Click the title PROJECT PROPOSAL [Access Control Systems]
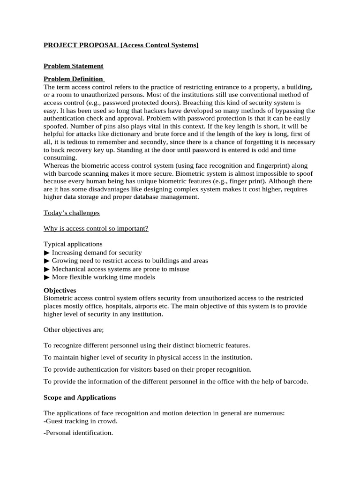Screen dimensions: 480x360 tap(121, 45)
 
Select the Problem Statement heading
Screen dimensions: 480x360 tap(73, 66)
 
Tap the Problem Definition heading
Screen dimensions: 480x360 tap(74, 79)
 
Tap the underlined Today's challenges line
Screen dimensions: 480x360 tap(72, 213)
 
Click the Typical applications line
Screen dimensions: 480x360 tap(73, 244)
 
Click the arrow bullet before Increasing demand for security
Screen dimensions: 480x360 tap(46, 253)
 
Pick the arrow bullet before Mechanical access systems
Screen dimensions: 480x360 tap(46, 269)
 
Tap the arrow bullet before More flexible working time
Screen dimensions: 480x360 tap(46, 277)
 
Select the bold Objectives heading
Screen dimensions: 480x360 tap(60, 290)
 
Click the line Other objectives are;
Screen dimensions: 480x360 tap(74, 330)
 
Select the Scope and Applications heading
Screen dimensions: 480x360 tap(80, 397)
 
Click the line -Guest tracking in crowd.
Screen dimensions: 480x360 tap(81, 421)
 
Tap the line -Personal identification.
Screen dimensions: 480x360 tap(78, 433)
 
